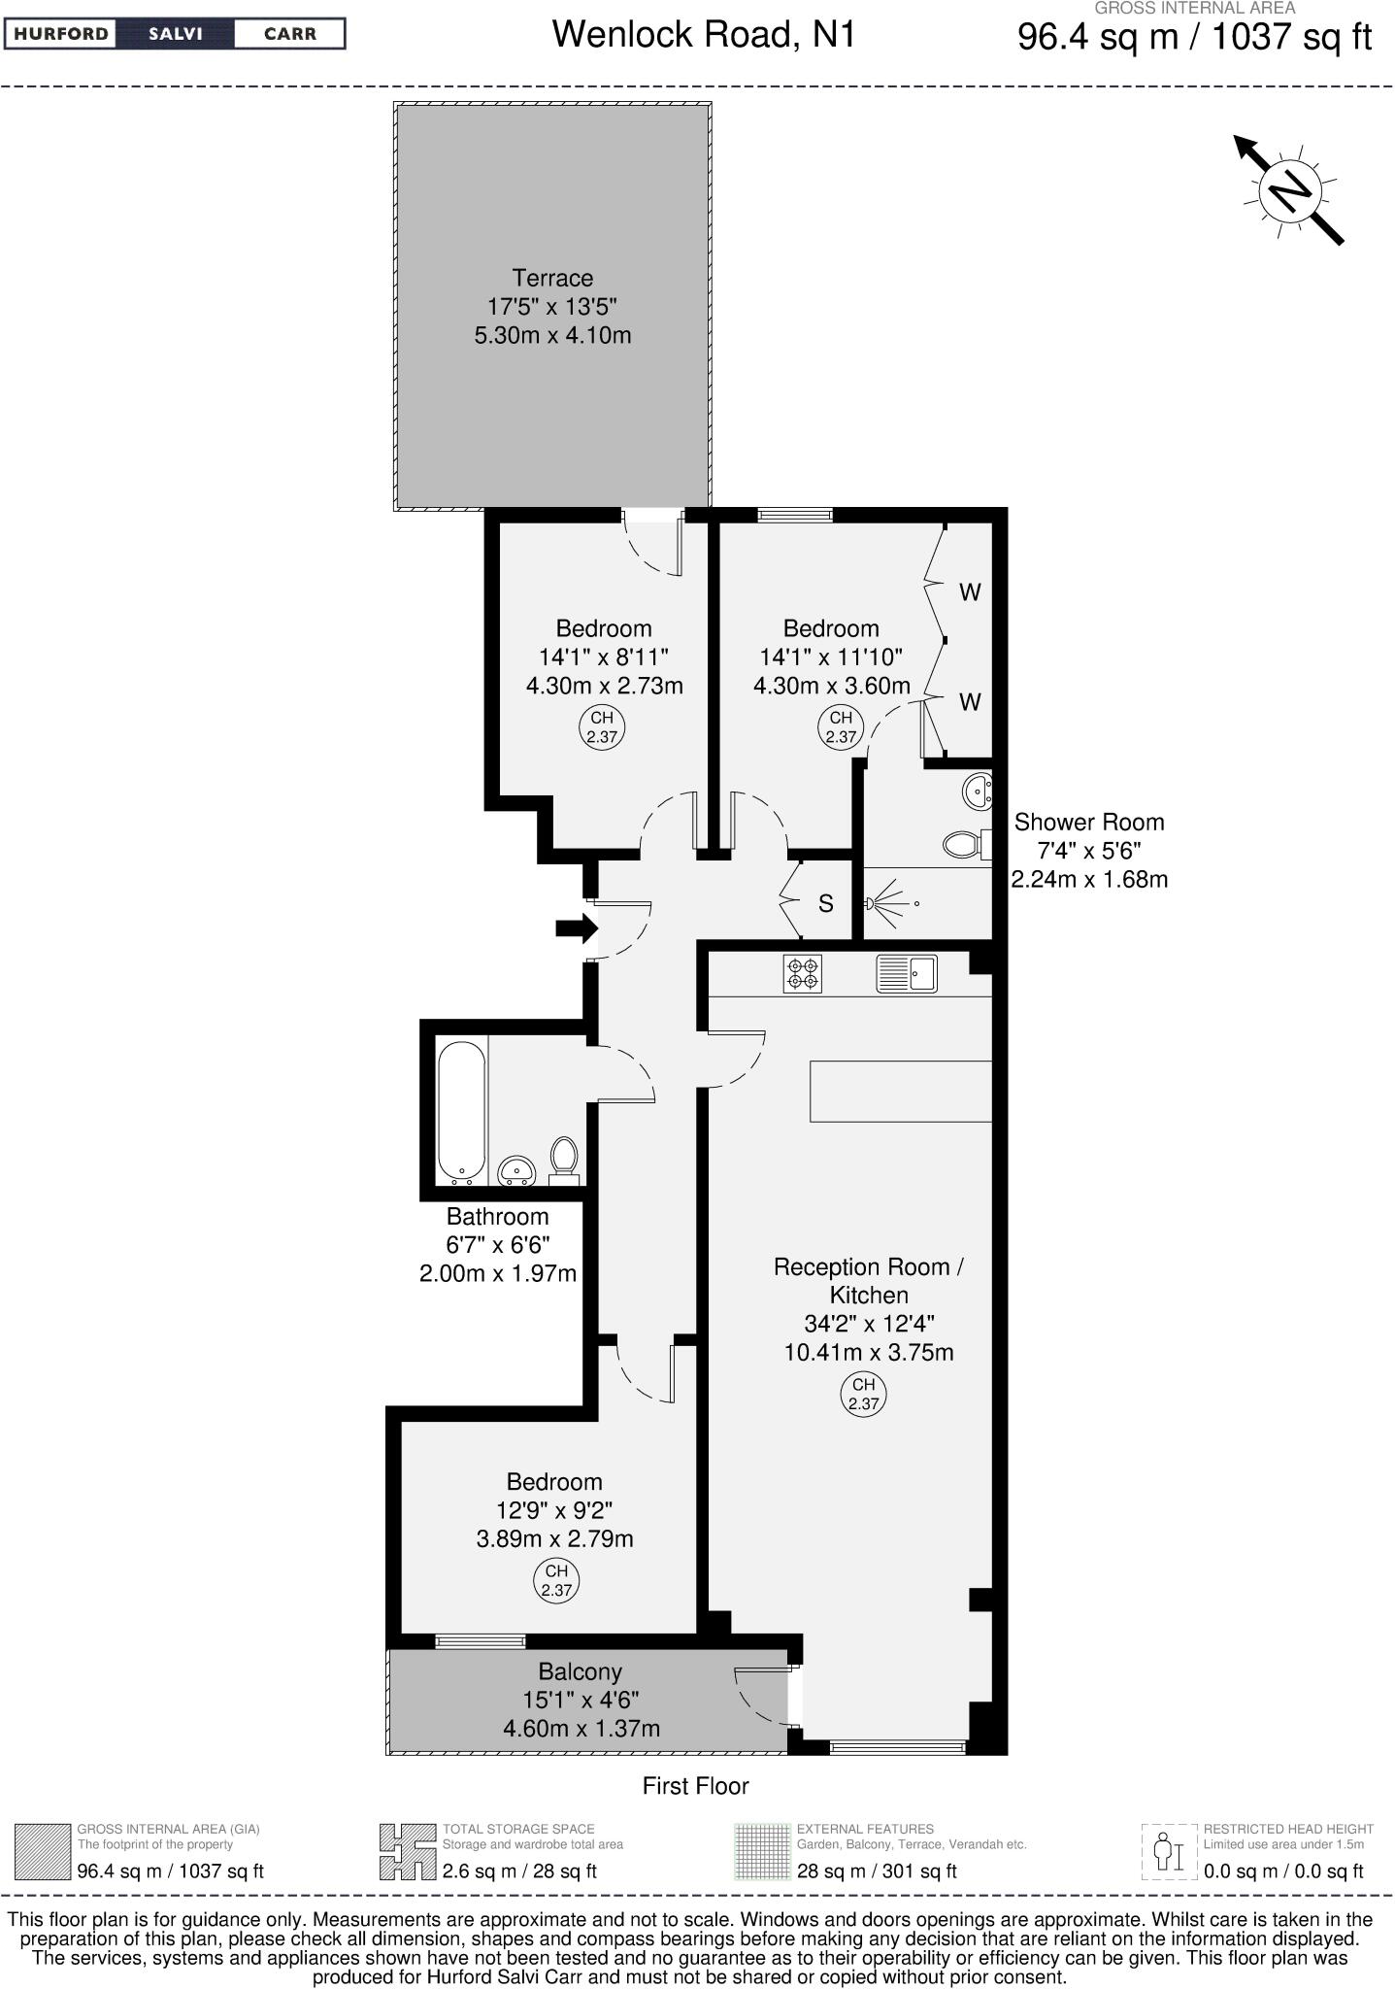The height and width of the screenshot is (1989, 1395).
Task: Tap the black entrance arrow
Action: pos(577,928)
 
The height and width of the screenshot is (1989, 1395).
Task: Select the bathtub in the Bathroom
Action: pos(461,1112)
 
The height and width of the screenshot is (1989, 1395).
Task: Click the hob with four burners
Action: pos(802,973)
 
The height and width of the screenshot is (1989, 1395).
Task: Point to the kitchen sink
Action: pos(907,973)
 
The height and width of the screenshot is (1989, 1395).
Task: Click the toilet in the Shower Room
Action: pos(964,843)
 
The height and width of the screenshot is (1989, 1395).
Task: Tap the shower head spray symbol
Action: pos(885,903)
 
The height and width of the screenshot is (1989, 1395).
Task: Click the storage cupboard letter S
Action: pos(825,904)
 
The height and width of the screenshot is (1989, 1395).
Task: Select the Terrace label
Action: pos(552,278)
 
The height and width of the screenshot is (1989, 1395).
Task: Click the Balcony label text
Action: pos(580,1671)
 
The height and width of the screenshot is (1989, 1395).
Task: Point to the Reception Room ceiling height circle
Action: pos(863,1394)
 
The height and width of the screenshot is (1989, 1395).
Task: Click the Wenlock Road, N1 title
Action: pos(704,35)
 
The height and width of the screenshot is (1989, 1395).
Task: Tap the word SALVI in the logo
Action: pos(175,34)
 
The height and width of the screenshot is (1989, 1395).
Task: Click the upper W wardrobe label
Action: pos(970,591)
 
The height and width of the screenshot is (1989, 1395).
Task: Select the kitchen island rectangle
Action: pos(900,1091)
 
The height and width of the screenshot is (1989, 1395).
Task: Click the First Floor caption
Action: pos(695,1785)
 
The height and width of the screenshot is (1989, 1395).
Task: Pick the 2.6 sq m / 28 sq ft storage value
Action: pos(519,1871)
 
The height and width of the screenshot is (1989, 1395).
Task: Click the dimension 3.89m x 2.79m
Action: pos(554,1538)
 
